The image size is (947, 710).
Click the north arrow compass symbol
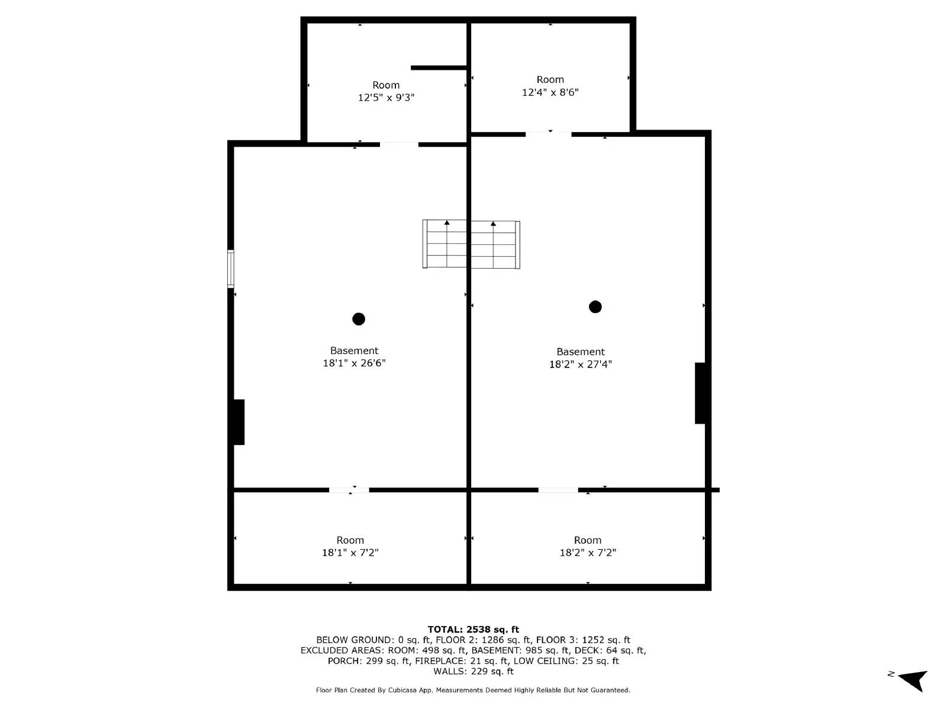tap(912, 680)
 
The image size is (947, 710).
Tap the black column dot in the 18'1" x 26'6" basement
tap(359, 319)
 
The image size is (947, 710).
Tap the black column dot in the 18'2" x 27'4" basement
tap(595, 306)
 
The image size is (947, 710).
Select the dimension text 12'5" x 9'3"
tap(386, 98)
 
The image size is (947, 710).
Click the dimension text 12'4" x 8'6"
tap(550, 92)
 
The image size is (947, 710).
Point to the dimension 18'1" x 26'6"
tap(354, 363)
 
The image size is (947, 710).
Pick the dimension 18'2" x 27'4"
tap(580, 364)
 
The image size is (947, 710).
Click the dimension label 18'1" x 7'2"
tap(350, 553)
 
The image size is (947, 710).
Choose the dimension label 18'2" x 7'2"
tap(588, 553)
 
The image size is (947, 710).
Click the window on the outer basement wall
tap(231, 269)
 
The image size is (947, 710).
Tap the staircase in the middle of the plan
tap(471, 244)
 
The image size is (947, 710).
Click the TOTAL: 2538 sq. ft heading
tap(473, 630)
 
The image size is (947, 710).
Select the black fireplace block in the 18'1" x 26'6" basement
tap(239, 422)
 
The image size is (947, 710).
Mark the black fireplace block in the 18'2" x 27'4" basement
tap(700, 393)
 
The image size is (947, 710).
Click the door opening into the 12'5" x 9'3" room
tap(399, 144)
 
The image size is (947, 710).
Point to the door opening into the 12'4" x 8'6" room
tap(548, 134)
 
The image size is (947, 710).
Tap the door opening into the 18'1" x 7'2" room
tap(349, 490)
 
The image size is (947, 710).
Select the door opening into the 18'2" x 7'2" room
tap(558, 490)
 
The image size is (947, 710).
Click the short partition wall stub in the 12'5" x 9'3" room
tap(439, 68)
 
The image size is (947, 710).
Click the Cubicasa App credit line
tap(473, 690)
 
